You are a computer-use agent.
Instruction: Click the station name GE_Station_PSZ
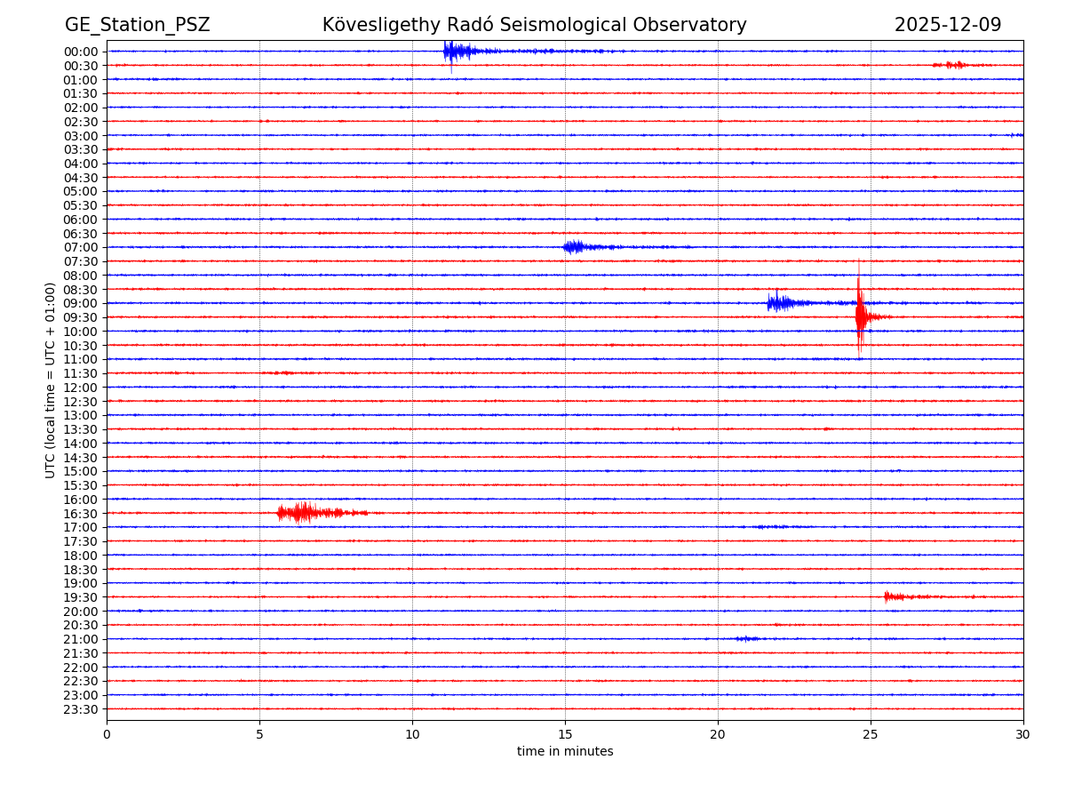tap(137, 25)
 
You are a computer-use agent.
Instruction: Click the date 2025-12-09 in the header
tap(947, 25)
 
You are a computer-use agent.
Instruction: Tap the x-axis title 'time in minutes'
tap(565, 752)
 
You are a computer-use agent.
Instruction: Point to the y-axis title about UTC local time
tap(51, 380)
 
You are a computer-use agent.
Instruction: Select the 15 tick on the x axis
tap(565, 735)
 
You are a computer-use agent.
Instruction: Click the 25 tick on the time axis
tap(871, 735)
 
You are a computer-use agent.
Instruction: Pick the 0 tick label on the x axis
tap(107, 735)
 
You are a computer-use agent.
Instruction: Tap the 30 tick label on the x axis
tap(1023, 735)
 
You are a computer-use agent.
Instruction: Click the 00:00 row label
tap(81, 52)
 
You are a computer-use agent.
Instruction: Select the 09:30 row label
tap(81, 317)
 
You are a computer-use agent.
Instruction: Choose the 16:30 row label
tap(81, 514)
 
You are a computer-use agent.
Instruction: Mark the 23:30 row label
tap(81, 709)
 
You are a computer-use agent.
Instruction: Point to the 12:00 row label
tap(81, 388)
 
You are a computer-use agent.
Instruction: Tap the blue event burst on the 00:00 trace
tap(453, 52)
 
